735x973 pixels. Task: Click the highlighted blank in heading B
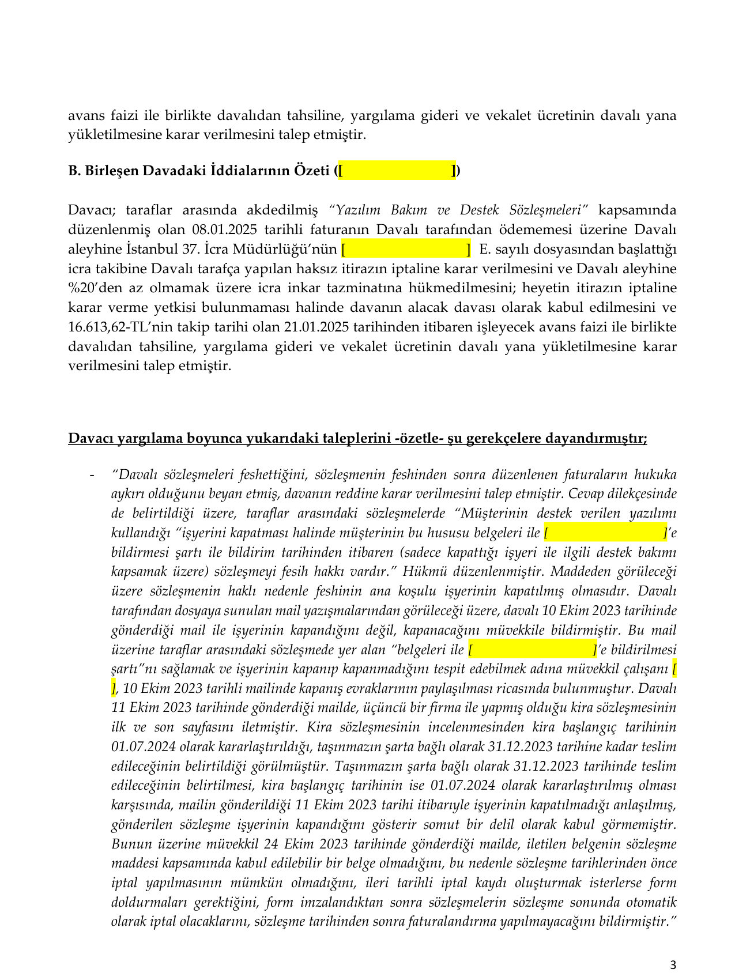click(x=397, y=171)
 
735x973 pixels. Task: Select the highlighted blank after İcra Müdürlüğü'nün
click(x=406, y=249)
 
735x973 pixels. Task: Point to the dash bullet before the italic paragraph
click(x=91, y=475)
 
